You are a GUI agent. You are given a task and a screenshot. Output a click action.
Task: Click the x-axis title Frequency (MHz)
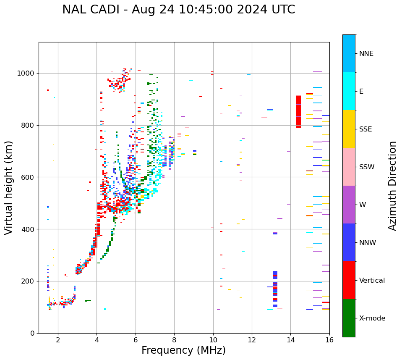pyautogui.click(x=183, y=350)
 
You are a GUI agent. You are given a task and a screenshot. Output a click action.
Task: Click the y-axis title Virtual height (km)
pyautogui.click(x=9, y=187)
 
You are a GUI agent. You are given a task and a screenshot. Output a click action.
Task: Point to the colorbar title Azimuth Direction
pyautogui.click(x=392, y=186)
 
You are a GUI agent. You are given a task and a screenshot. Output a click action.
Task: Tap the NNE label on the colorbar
pyautogui.click(x=366, y=54)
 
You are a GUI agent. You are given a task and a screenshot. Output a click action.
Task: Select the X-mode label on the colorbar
pyautogui.click(x=372, y=318)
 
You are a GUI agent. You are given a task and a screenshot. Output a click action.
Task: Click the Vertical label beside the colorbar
pyautogui.click(x=372, y=281)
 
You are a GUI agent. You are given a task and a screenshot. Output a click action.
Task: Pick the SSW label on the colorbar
pyautogui.click(x=367, y=167)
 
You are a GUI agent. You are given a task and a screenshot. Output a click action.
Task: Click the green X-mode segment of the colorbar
pyautogui.click(x=349, y=318)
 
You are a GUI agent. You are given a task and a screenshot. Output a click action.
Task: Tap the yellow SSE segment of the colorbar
pyautogui.click(x=349, y=129)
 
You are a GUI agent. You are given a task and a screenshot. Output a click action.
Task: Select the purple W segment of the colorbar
pyautogui.click(x=349, y=205)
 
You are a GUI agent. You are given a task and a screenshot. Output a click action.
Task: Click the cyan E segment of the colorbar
pyautogui.click(x=349, y=91)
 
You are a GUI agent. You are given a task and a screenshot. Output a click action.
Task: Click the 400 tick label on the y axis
pyautogui.click(x=27, y=229)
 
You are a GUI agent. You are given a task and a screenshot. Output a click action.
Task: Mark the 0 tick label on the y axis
pyautogui.click(x=32, y=333)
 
